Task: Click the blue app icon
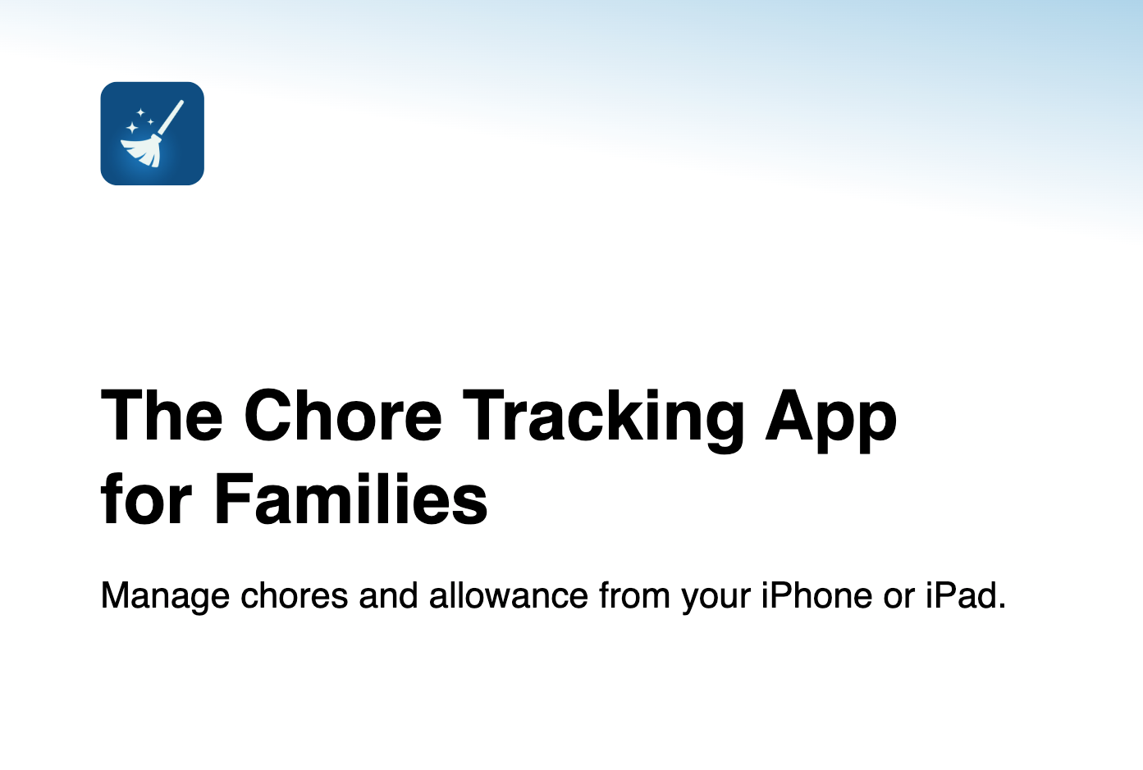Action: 152,134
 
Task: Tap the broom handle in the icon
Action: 171,118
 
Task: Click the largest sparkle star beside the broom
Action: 131,127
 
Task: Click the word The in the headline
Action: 162,415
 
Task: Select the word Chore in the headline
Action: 343,415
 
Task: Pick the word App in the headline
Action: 830,420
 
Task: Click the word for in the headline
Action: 146,498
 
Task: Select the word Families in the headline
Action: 351,498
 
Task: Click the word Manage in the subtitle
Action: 165,596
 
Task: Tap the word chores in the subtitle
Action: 294,595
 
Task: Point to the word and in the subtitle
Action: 389,595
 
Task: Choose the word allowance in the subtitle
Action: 509,595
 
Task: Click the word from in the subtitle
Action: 634,595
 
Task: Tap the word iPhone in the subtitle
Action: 816,595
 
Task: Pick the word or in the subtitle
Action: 898,599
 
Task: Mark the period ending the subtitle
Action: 1001,606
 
